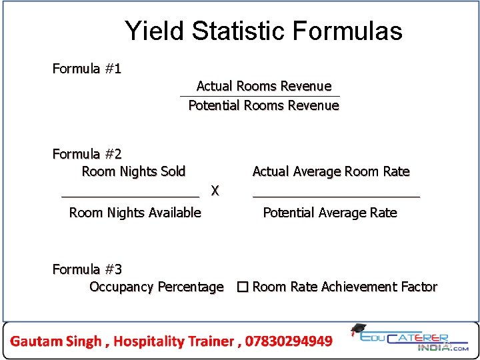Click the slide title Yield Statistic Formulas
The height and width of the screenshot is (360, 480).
tap(263, 31)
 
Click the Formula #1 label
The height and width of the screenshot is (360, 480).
tap(87, 69)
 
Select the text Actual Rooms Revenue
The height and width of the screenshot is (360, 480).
tap(263, 86)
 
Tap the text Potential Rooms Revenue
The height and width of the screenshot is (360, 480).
tap(263, 105)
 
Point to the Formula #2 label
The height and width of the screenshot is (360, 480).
tap(87, 155)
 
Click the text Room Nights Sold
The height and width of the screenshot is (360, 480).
tap(133, 172)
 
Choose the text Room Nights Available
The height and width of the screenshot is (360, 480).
tap(135, 213)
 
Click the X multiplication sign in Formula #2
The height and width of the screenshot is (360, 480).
tap(215, 191)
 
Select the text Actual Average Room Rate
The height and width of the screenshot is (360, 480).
tap(331, 172)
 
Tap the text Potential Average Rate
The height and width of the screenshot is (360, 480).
tap(329, 213)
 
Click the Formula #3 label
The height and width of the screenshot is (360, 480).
tap(87, 269)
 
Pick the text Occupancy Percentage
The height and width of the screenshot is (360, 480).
tap(157, 287)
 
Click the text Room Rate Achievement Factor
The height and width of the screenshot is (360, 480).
tap(345, 287)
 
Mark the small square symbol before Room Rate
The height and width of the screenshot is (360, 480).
tap(242, 287)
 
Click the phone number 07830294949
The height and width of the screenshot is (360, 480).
tap(289, 341)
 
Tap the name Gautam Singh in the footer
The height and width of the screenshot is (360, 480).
tap(57, 341)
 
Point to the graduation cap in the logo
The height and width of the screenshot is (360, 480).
tap(358, 329)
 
